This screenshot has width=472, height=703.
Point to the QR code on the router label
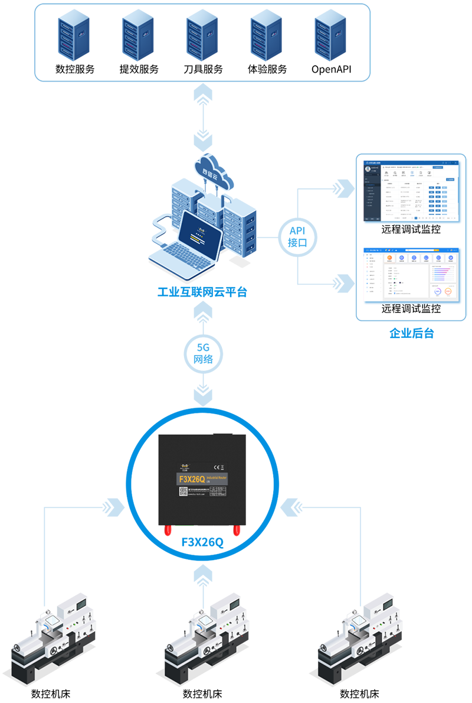pyautogui.click(x=183, y=492)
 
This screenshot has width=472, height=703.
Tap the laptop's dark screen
pyautogui.click(x=200, y=232)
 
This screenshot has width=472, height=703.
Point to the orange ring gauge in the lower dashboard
pyautogui.click(x=450, y=291)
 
